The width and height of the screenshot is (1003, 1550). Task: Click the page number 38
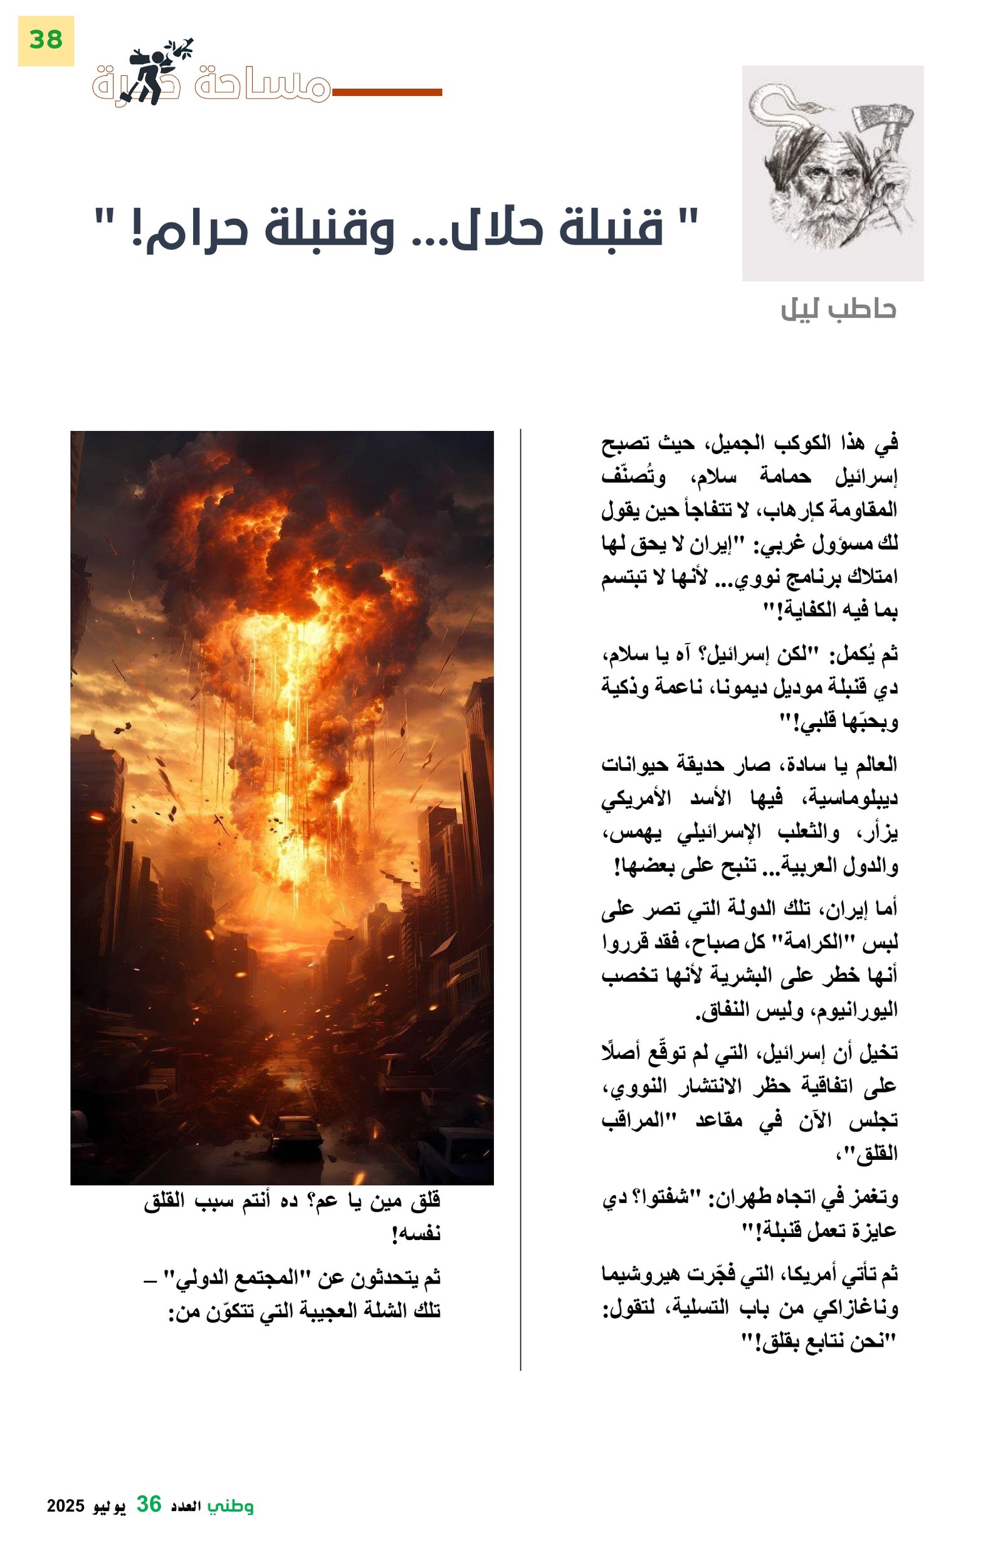point(46,40)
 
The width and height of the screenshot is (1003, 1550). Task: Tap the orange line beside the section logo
point(387,92)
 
